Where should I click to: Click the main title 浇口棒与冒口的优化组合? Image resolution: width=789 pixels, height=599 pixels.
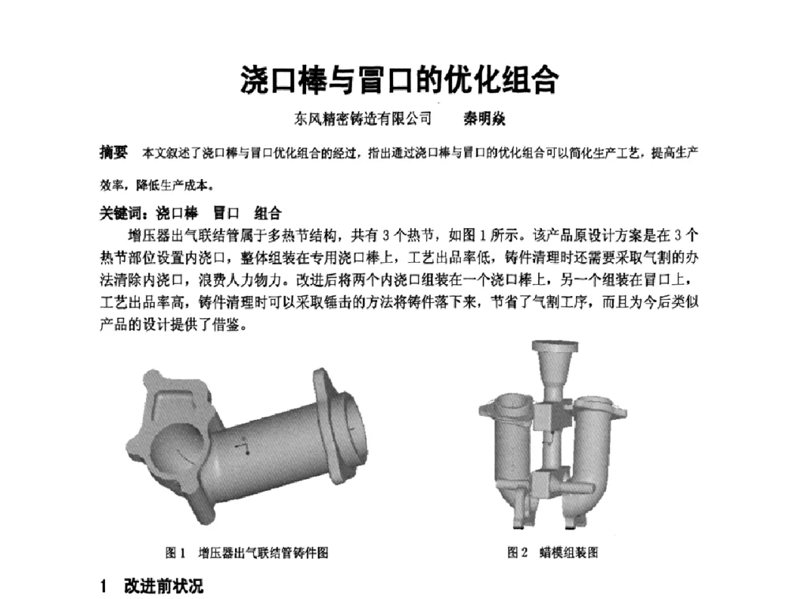pos(399,80)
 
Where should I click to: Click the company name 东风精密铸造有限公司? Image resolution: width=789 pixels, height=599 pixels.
pos(363,119)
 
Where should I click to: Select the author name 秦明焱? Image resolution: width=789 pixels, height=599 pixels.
pos(484,119)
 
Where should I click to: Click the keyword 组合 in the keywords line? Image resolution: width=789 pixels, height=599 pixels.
pos(267,213)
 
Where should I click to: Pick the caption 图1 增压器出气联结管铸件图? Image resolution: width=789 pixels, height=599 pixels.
pos(246,552)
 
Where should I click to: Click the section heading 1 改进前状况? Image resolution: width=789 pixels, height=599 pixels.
pos(151,586)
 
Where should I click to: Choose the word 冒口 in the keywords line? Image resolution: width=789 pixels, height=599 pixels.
pos(227,213)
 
